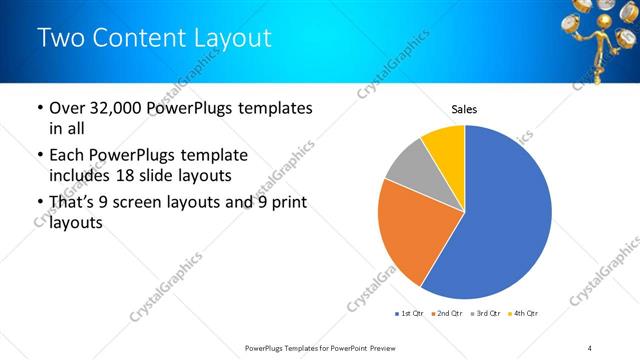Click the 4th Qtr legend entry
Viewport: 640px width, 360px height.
[523, 314]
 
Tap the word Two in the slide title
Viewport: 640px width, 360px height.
[62, 38]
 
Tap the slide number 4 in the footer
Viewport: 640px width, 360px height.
[589, 347]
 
